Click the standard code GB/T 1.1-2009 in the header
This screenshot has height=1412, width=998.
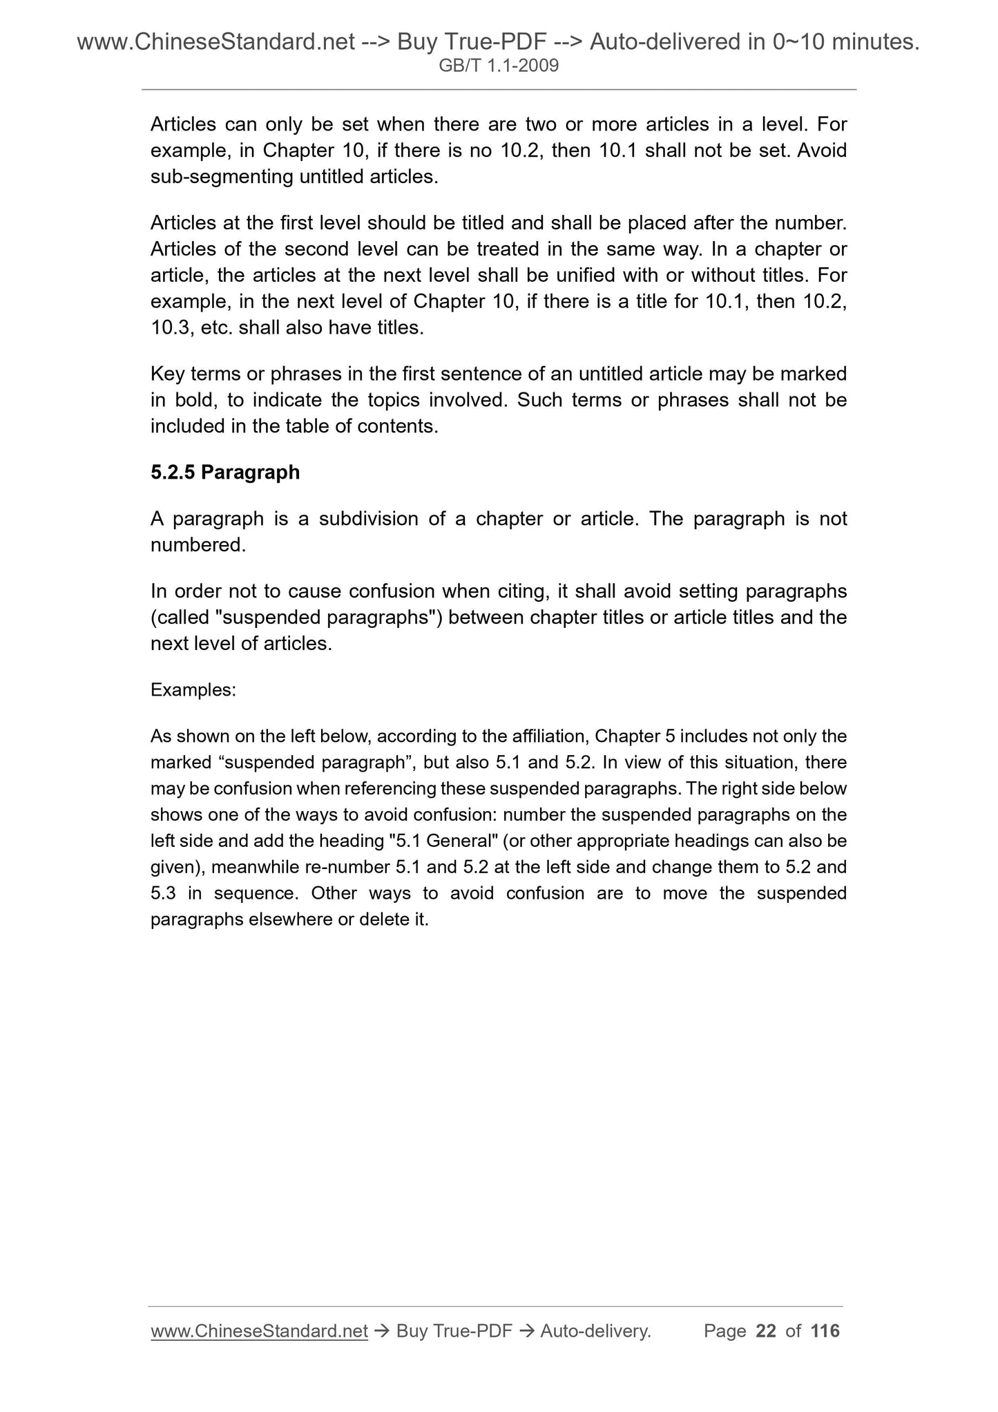coord(499,66)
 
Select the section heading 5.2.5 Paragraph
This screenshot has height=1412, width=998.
coord(225,473)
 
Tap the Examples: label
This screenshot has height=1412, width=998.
coord(193,690)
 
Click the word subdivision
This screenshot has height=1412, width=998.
coord(368,519)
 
